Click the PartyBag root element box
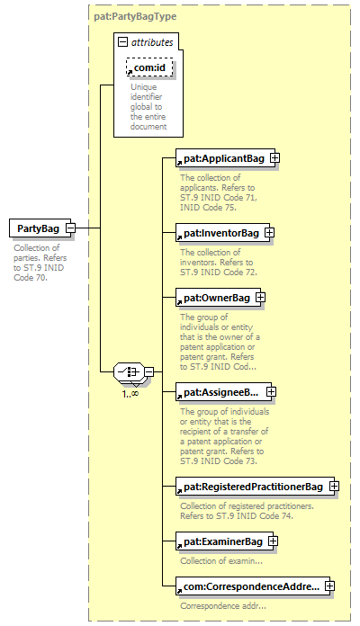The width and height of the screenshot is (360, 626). pyautogui.click(x=40, y=228)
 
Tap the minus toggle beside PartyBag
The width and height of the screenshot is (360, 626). pyautogui.click(x=70, y=228)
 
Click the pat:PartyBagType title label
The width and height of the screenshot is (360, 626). pyautogui.click(x=135, y=17)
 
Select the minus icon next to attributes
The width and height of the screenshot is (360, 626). pyautogui.click(x=123, y=42)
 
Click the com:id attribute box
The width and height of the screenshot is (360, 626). pyautogui.click(x=149, y=67)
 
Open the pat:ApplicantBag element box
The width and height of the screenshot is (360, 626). pyautogui.click(x=225, y=158)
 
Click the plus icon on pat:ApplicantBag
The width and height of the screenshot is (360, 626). pyautogui.click(x=274, y=158)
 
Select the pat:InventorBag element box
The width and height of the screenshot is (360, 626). pyautogui.click(x=222, y=233)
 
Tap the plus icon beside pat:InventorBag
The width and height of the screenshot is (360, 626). pyautogui.click(x=270, y=232)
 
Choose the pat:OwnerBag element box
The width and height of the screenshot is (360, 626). pyautogui.click(x=218, y=298)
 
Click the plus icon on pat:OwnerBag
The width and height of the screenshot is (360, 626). pyautogui.click(x=260, y=298)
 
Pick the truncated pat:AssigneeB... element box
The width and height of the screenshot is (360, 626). pyautogui.click(x=223, y=392)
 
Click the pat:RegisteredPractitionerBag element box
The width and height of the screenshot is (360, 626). pyautogui.click(x=255, y=487)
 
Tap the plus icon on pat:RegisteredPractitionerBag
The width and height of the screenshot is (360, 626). pyautogui.click(x=335, y=487)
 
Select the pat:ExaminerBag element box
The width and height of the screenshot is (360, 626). pyautogui.click(x=225, y=541)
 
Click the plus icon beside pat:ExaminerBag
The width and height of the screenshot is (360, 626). pyautogui.click(x=274, y=541)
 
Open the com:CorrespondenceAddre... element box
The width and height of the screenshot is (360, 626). pyautogui.click(x=253, y=586)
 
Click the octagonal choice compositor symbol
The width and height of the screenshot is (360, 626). pyautogui.click(x=129, y=372)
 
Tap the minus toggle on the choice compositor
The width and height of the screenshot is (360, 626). pyautogui.click(x=148, y=372)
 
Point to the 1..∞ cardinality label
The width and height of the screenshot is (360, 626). pyautogui.click(x=130, y=394)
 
